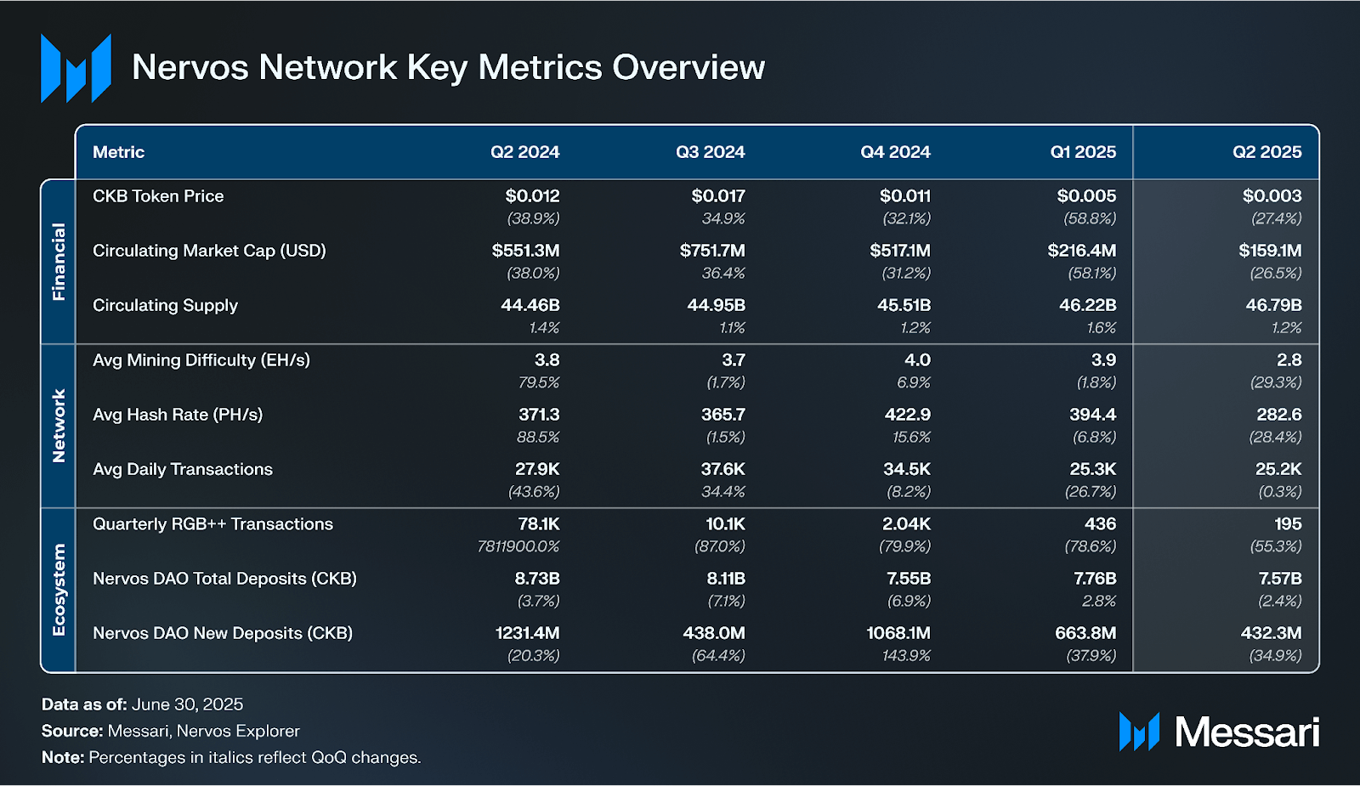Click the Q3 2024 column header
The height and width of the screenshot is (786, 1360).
coord(710,152)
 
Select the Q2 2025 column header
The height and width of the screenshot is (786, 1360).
coord(1266,152)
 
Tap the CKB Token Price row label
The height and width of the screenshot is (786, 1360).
coord(158,196)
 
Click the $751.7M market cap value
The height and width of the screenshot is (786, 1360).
coord(712,251)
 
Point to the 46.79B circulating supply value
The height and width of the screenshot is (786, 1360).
coord(1273,305)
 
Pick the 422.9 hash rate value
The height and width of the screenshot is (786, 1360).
coord(907,415)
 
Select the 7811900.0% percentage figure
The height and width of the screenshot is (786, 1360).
coord(518,546)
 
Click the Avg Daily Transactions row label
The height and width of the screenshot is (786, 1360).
coord(183,469)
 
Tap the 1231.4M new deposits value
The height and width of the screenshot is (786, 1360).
coord(527,633)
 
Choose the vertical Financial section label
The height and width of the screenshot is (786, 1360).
coord(59,262)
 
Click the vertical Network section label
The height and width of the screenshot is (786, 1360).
coord(59,426)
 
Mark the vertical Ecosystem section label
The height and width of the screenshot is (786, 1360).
coord(59,590)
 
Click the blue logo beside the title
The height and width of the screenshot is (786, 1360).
coord(76,68)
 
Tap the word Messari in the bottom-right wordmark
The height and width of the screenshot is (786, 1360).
coord(1246,732)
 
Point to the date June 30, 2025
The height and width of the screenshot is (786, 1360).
coord(187,704)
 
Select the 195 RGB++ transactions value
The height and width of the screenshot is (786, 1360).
coord(1288,524)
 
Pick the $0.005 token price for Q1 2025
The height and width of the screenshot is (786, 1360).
coord(1086,196)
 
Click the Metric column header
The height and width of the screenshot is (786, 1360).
coord(118,152)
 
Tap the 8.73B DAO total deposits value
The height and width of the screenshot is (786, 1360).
coord(537,579)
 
